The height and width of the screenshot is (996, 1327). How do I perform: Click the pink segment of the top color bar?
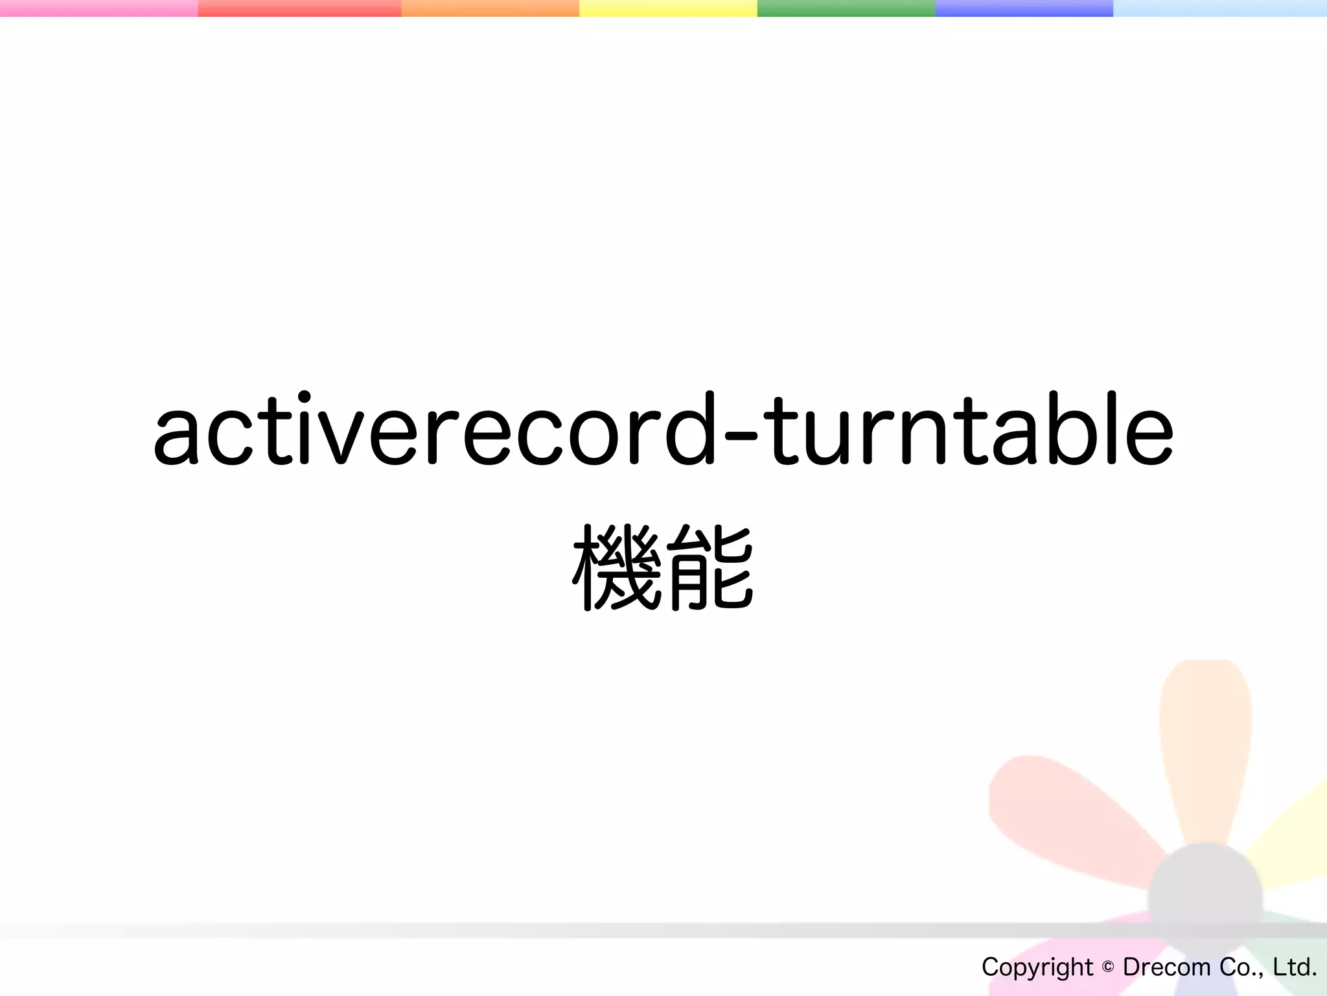pyautogui.click(x=98, y=8)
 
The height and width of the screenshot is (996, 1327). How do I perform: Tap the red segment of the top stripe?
pyautogui.click(x=299, y=8)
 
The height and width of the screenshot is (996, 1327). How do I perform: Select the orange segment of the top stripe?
pyautogui.click(x=490, y=8)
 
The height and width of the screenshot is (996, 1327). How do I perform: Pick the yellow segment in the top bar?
pyautogui.click(x=668, y=8)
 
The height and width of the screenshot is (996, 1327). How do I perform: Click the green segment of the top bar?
pyautogui.click(x=846, y=8)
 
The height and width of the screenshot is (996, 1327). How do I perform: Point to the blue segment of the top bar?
pyautogui.click(x=1024, y=8)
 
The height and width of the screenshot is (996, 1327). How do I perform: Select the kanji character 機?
pyautogui.click(x=617, y=568)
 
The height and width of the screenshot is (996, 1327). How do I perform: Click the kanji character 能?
pyautogui.click(x=710, y=568)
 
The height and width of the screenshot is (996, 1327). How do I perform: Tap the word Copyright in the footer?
pyautogui.click(x=1037, y=967)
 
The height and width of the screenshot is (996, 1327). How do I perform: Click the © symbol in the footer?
pyautogui.click(x=1108, y=967)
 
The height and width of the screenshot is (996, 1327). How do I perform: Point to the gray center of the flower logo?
pyautogui.click(x=1205, y=898)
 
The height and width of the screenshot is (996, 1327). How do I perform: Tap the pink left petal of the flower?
pyautogui.click(x=1063, y=817)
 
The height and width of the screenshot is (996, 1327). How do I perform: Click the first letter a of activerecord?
pyautogui.click(x=176, y=434)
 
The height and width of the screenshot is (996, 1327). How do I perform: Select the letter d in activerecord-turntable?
pyautogui.click(x=689, y=428)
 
